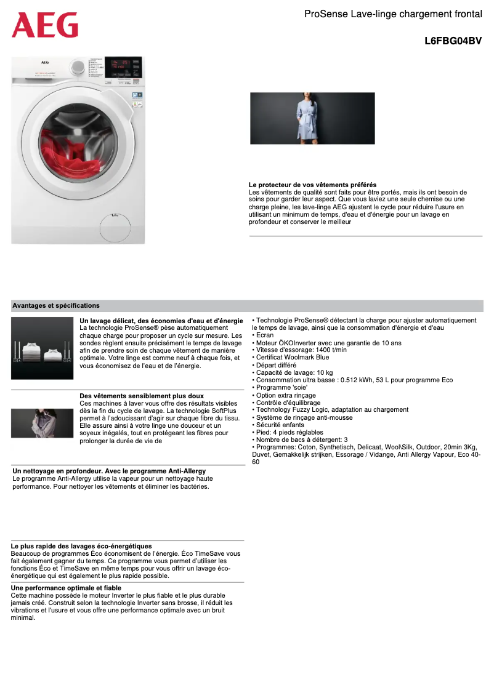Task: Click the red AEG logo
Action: pos(45,25)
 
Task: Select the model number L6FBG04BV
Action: pos(453,42)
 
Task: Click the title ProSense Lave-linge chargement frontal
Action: pos(393,14)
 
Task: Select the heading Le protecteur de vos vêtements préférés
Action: pos(312,185)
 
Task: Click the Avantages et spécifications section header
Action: pos(56,305)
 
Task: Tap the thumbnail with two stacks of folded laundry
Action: pos(42,348)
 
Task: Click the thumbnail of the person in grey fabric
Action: pos(42,423)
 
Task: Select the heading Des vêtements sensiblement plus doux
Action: pos(142,396)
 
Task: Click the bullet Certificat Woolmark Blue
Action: pos(292,358)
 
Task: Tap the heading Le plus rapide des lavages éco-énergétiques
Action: pos(81,546)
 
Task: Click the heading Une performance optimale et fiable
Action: pos(66,588)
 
